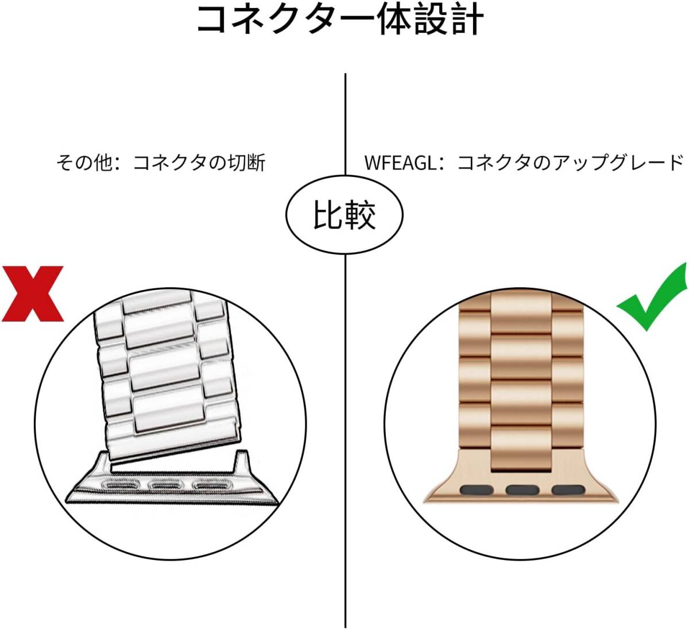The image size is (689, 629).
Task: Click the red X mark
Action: tap(33, 294)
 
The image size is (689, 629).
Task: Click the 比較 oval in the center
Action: tap(344, 215)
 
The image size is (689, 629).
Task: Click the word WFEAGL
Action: tap(400, 163)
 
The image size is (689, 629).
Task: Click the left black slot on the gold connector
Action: tap(477, 490)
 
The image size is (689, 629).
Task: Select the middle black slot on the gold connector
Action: tap(522, 490)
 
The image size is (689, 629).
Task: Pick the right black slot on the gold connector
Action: tap(568, 490)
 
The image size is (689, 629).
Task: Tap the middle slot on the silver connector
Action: tap(166, 486)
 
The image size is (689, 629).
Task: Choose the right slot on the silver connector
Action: tap(211, 486)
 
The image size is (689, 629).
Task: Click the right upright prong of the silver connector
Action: tap(241, 462)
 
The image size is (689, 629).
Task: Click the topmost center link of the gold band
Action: tap(521, 312)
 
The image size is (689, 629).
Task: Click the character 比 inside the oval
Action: tap(328, 215)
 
